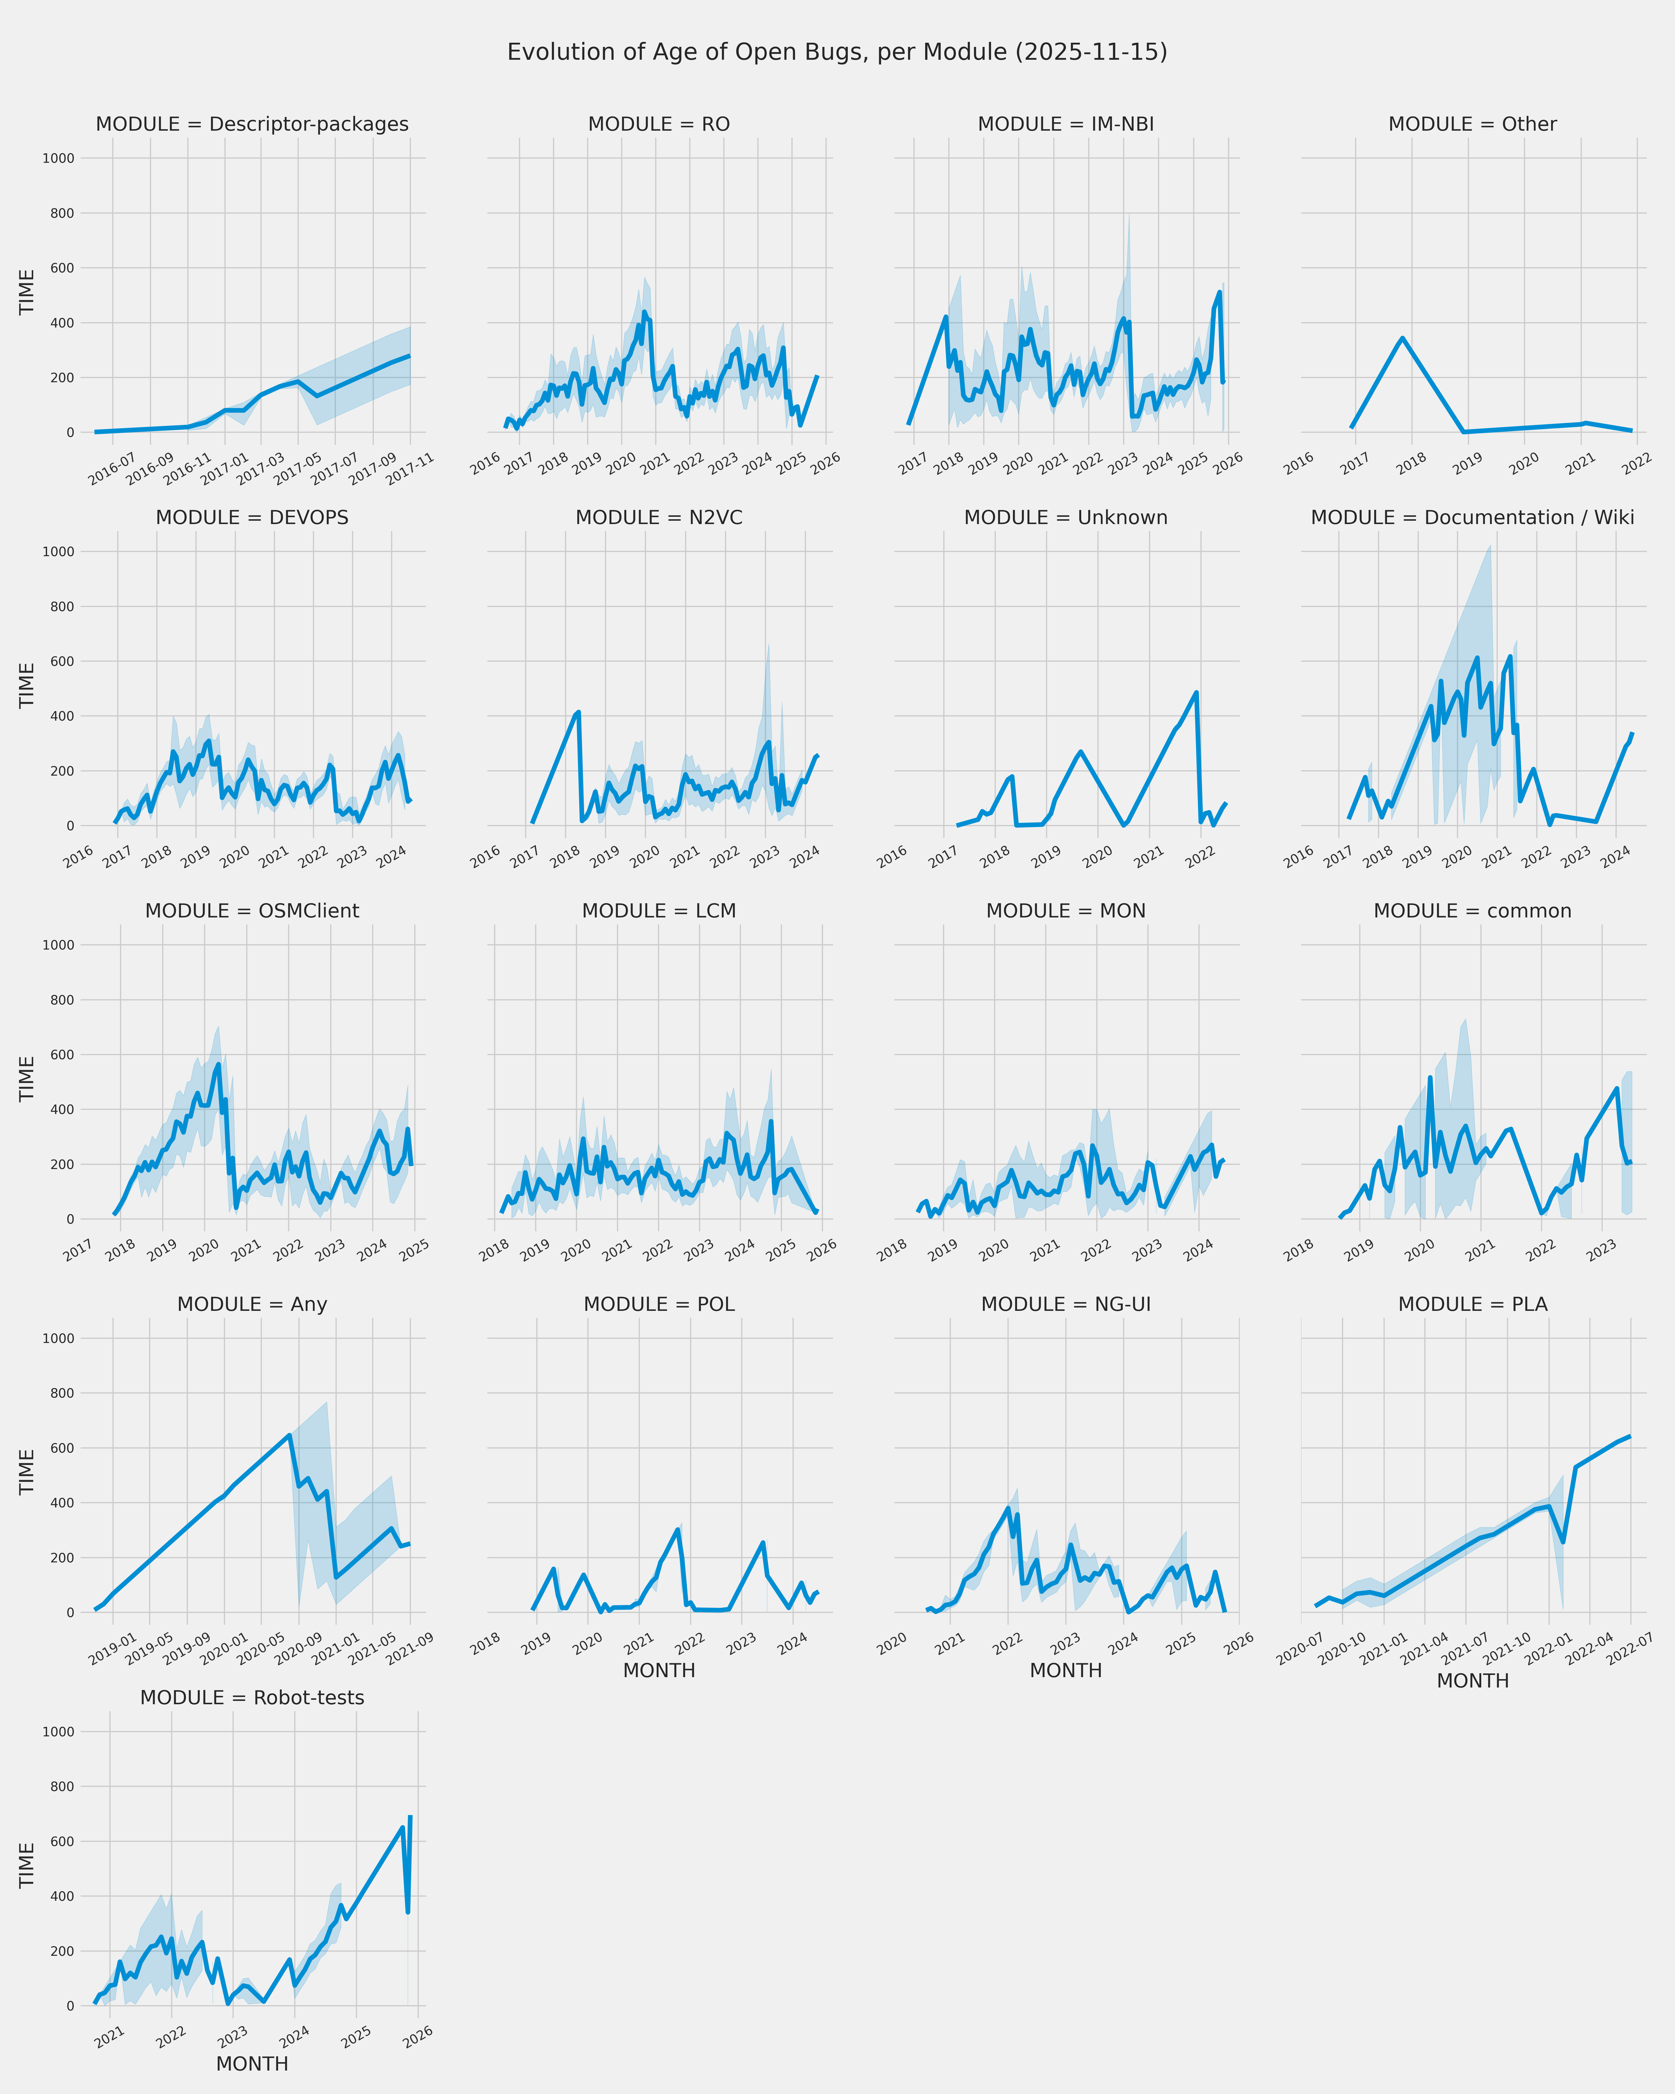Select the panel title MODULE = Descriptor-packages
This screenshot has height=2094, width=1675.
(x=252, y=124)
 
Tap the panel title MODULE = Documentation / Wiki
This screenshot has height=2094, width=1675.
(x=1472, y=518)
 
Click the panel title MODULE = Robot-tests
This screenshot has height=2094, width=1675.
(x=252, y=1698)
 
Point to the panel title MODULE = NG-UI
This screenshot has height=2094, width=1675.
(x=1065, y=1304)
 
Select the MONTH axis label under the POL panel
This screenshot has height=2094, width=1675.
(x=658, y=1670)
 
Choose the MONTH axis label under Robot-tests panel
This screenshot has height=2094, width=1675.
(x=252, y=2064)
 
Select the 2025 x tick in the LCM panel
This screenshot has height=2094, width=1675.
(x=781, y=1250)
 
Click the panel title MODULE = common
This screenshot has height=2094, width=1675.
(x=1472, y=911)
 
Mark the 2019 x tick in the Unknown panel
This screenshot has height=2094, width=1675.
(x=1045, y=856)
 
